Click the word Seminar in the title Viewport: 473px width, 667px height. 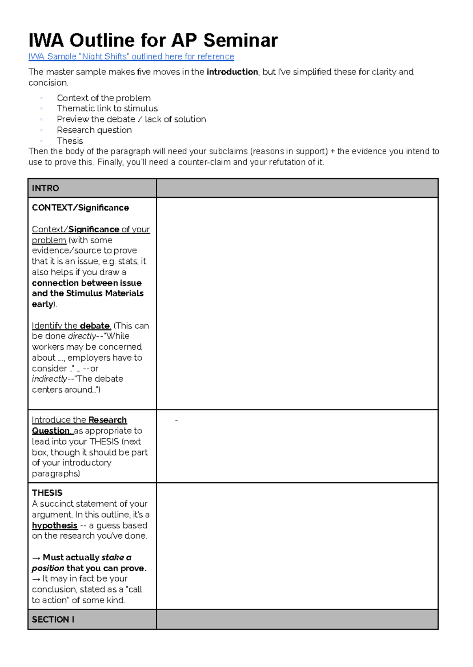[240, 41]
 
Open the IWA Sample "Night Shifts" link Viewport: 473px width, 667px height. [131, 57]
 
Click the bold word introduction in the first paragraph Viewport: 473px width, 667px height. [232, 72]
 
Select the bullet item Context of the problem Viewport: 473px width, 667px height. [104, 98]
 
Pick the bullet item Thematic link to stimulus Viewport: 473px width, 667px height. [107, 109]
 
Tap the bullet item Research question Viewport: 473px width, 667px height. [94, 130]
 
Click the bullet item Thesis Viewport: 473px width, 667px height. [70, 141]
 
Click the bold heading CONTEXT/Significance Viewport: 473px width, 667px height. [80, 208]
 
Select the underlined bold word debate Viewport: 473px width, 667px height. [95, 326]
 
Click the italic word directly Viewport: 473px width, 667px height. [82, 336]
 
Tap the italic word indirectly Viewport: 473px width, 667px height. [49, 379]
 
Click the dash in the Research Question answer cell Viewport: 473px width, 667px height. [176, 421]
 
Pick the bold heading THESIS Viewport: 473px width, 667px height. [47, 493]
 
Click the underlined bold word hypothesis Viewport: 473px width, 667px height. [54, 526]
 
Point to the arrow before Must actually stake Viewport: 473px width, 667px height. [36, 558]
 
